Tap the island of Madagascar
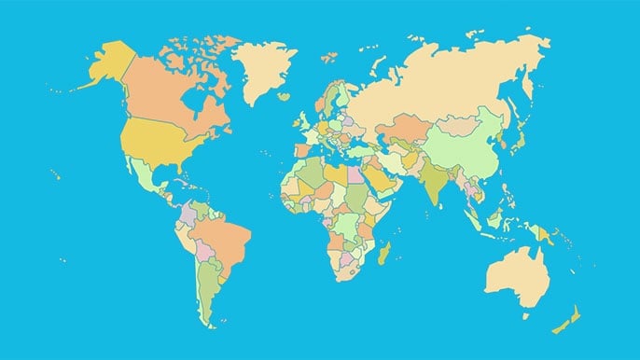click(x=383, y=253)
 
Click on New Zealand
click(x=569, y=317)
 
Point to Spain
click(x=301, y=147)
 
